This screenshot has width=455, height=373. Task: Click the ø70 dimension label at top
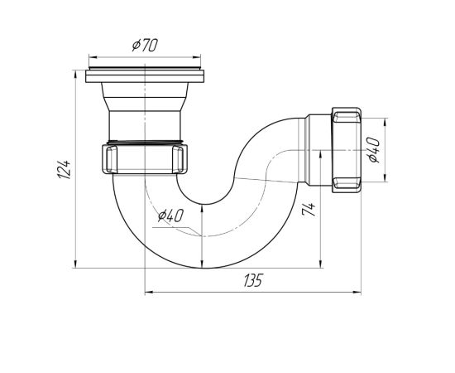point(145,46)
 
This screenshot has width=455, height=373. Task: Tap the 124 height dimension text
point(63,169)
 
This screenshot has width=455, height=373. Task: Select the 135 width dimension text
point(253,280)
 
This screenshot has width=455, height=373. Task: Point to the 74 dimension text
point(309,210)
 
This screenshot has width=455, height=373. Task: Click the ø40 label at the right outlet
point(373,150)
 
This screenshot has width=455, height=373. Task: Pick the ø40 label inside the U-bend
point(170,216)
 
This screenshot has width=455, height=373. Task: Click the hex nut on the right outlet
point(347,150)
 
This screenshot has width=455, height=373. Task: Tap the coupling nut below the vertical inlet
point(145,159)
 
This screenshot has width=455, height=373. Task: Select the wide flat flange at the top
point(145,76)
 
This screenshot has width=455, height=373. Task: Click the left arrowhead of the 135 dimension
point(149,292)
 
